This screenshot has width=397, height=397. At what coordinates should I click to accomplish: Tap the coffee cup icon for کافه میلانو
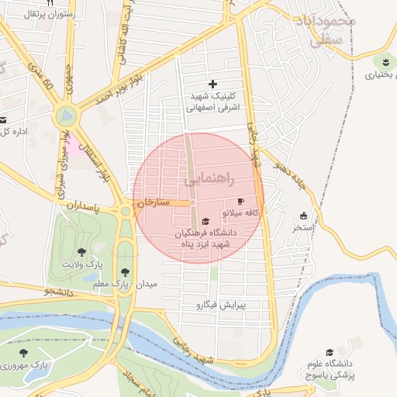point(240,202)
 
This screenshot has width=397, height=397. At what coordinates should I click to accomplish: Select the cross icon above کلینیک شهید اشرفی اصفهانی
point(214,84)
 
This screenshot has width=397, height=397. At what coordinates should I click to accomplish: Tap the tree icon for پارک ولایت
point(82,252)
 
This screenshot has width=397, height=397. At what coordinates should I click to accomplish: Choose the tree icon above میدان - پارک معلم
point(125,271)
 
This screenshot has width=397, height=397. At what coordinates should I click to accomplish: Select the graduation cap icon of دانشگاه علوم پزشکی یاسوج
point(330,353)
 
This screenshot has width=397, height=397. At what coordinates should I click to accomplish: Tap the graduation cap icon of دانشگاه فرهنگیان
point(205,222)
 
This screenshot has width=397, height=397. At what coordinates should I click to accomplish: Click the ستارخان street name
point(153,202)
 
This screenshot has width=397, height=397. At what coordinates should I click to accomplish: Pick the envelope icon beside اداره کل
point(2,119)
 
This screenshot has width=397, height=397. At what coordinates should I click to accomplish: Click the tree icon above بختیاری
point(385,61)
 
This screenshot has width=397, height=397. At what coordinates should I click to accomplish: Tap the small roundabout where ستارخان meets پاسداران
point(125,211)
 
